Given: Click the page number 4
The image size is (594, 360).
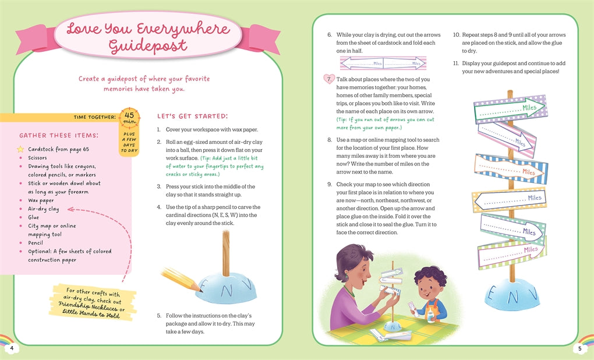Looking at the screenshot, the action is (12, 348).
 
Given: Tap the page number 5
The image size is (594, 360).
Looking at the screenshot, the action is (579, 348).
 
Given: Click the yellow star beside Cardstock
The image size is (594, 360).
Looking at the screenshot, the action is (20, 149).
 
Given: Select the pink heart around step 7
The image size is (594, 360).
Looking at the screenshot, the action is (329, 79).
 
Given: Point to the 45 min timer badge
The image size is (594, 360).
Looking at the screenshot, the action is (129, 118).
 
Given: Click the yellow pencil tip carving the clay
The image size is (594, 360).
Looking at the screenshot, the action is (199, 289).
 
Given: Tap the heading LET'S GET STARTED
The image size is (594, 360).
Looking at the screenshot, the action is (192, 116).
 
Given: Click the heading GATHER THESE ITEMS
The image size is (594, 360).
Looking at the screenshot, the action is (59, 135).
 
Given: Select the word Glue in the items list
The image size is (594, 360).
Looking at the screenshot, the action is (33, 217).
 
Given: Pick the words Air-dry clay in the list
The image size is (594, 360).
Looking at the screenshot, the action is (43, 209).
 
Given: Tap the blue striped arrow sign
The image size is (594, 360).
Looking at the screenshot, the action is (511, 168).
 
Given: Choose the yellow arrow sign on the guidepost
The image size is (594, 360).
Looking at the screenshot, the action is (510, 199).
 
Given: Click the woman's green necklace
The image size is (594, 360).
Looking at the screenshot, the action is (348, 291).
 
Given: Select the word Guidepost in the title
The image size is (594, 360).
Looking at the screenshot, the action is (148, 46).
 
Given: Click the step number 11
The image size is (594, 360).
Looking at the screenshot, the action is (456, 63).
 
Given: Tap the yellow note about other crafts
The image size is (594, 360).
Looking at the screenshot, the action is (93, 302).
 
